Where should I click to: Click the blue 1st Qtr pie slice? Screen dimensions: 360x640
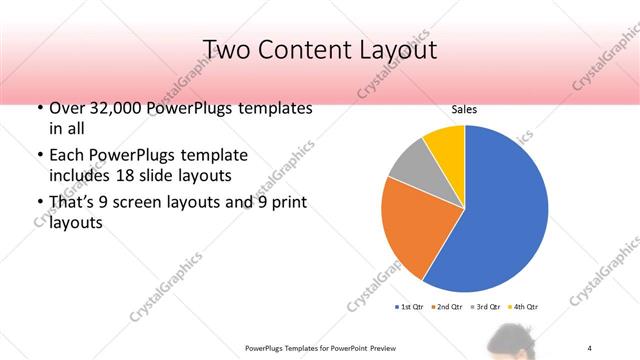pyautogui.click(x=500, y=210)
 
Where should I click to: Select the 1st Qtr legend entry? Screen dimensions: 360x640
pyautogui.click(x=411, y=306)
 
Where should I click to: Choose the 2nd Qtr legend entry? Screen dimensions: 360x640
pyautogui.click(x=446, y=306)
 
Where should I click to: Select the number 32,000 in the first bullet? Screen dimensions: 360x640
pyautogui.click(x=116, y=108)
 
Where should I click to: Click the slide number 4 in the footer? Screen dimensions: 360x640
pyautogui.click(x=591, y=347)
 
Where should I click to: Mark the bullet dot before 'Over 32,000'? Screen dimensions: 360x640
pyautogui.click(x=39, y=108)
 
